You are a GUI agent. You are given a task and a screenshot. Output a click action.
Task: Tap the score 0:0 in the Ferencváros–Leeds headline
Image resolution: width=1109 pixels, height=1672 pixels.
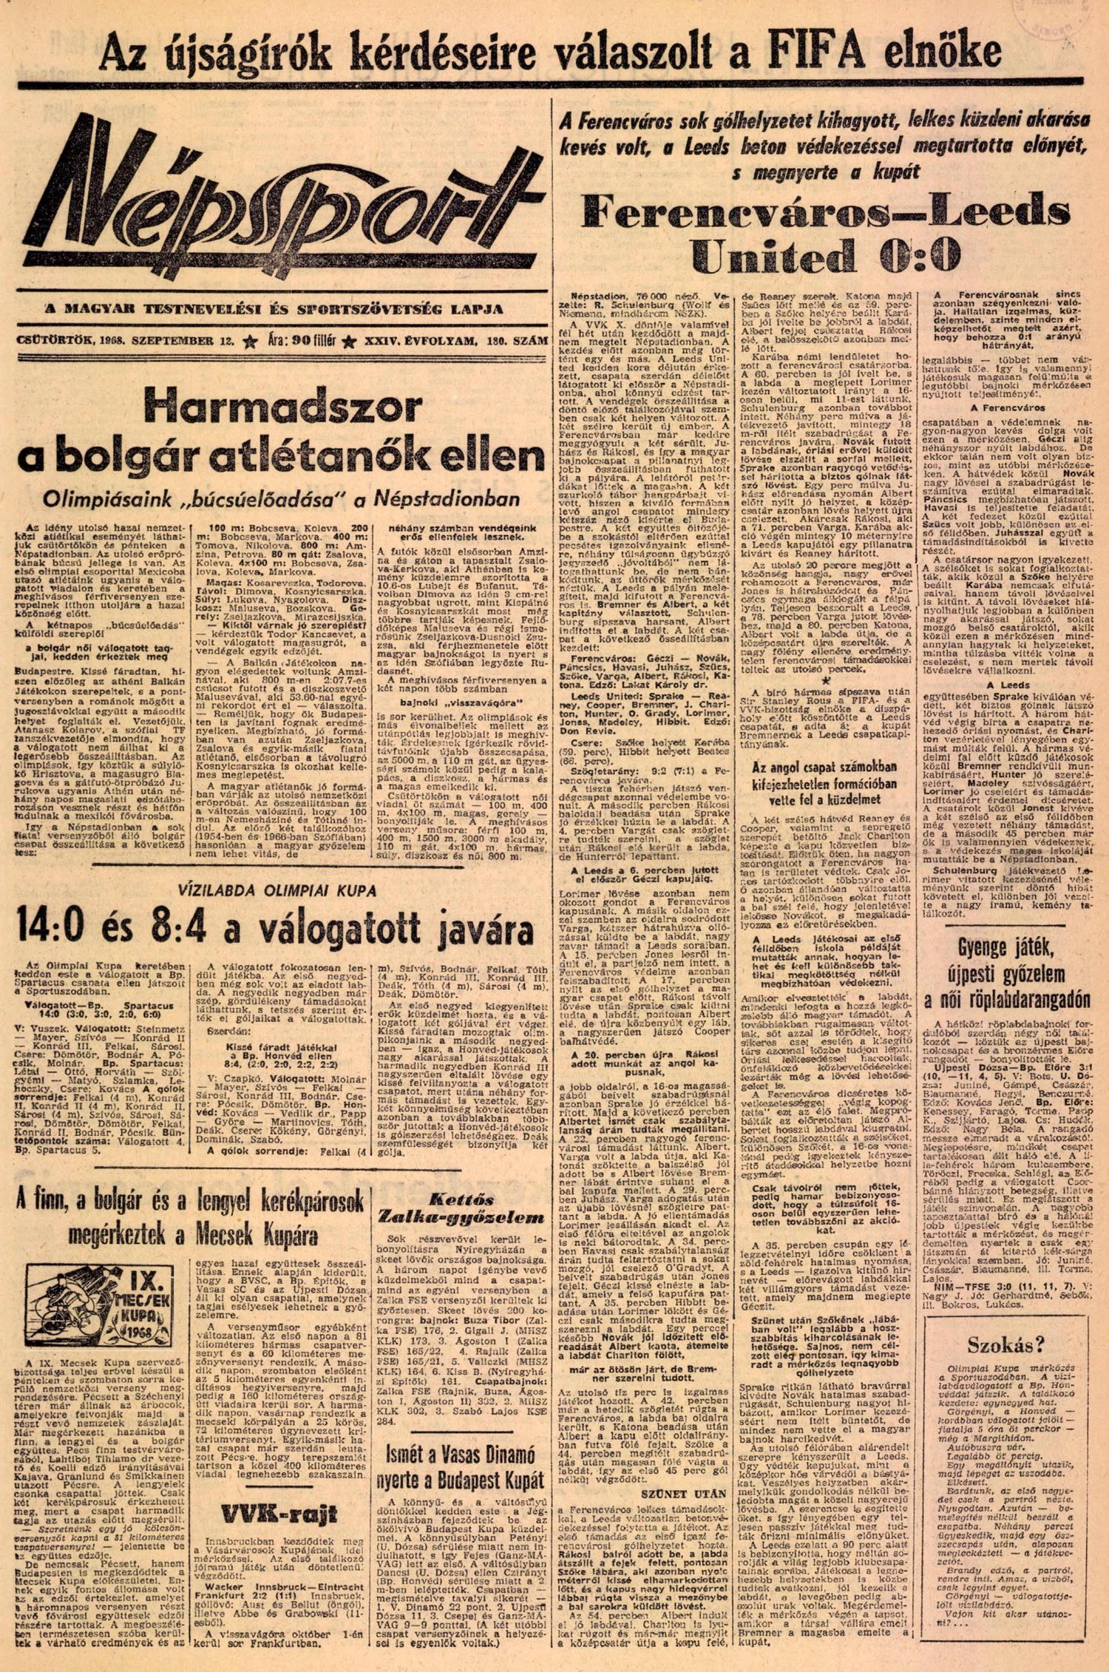coord(920,256)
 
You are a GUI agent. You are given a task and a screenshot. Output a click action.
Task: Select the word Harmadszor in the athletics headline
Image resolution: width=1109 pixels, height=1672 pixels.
coord(283,409)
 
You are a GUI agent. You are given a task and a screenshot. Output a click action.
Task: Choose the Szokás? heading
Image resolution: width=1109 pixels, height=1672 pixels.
coord(1005,1344)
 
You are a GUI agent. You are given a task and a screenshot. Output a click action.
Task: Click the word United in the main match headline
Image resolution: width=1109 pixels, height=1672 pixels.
coord(772,256)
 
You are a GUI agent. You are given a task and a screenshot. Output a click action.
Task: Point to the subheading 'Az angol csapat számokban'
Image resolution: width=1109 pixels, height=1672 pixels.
coord(824,766)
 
